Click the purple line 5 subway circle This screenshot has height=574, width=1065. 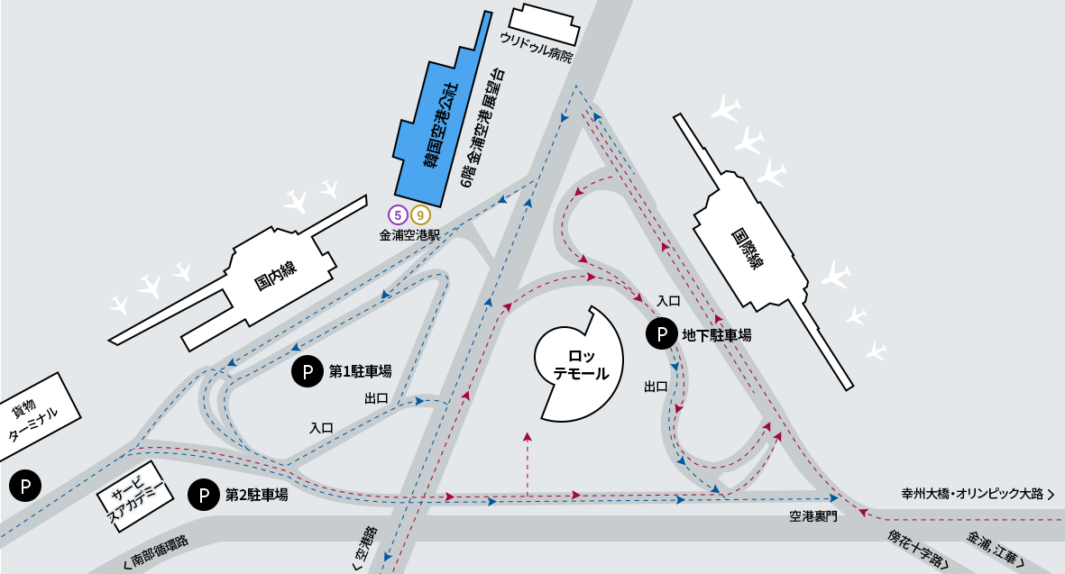click(x=398, y=215)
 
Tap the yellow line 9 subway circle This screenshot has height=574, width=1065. click(x=420, y=215)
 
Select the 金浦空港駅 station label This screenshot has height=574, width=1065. click(x=409, y=235)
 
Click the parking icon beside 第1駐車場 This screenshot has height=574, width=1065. click(x=308, y=370)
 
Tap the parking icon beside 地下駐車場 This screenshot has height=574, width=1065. click(x=662, y=334)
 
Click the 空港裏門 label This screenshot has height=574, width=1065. click(x=813, y=515)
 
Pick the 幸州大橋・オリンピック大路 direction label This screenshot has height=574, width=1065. click(x=978, y=494)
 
